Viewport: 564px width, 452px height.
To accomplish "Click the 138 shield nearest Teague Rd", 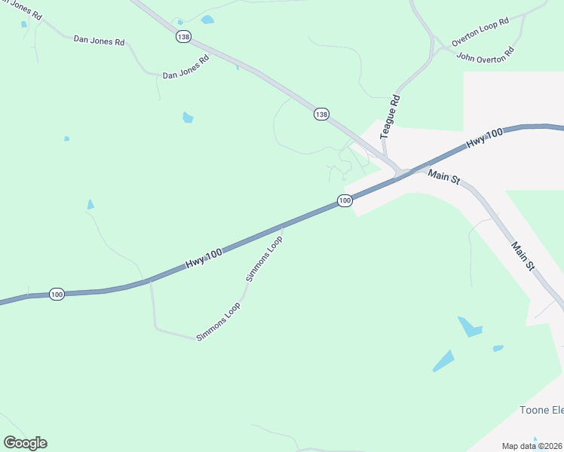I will pyautogui.click(x=322, y=114).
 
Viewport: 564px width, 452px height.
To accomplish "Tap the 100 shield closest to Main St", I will pyautogui.click(x=345, y=200).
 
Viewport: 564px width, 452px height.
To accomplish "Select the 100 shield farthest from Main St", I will pyautogui.click(x=57, y=294).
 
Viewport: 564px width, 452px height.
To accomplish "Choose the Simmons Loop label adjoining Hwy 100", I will pyautogui.click(x=264, y=258).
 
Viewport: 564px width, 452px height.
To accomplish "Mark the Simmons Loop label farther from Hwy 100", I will pyautogui.click(x=217, y=322).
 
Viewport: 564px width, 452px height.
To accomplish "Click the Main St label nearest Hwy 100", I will pyautogui.click(x=443, y=176).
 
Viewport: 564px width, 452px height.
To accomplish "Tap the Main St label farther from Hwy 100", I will pyautogui.click(x=522, y=256).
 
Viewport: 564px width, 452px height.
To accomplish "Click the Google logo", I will pyautogui.click(x=25, y=443).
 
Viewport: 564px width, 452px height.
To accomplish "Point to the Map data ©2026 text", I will pyautogui.click(x=532, y=445).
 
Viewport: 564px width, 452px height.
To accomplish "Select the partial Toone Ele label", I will pyautogui.click(x=541, y=410).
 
